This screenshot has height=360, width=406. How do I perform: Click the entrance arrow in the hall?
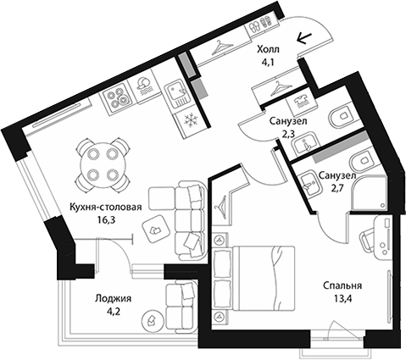tap(303, 38)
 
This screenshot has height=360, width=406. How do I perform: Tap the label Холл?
tap(268, 50)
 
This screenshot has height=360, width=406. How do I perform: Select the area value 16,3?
tap(106, 220)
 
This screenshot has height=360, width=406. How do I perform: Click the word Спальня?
tap(342, 285)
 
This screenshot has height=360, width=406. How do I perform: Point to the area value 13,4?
tap(342, 298)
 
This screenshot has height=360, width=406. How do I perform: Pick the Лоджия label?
tap(113, 298)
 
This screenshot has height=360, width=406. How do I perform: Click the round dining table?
tap(100, 164)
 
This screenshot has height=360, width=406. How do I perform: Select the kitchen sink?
tap(177, 95)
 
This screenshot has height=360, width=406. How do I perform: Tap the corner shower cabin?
tap(368, 193)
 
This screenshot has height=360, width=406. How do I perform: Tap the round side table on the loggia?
tap(153, 320)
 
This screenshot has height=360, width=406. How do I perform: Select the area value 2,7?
tap(337, 189)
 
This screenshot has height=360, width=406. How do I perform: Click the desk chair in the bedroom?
tap(366, 241)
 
